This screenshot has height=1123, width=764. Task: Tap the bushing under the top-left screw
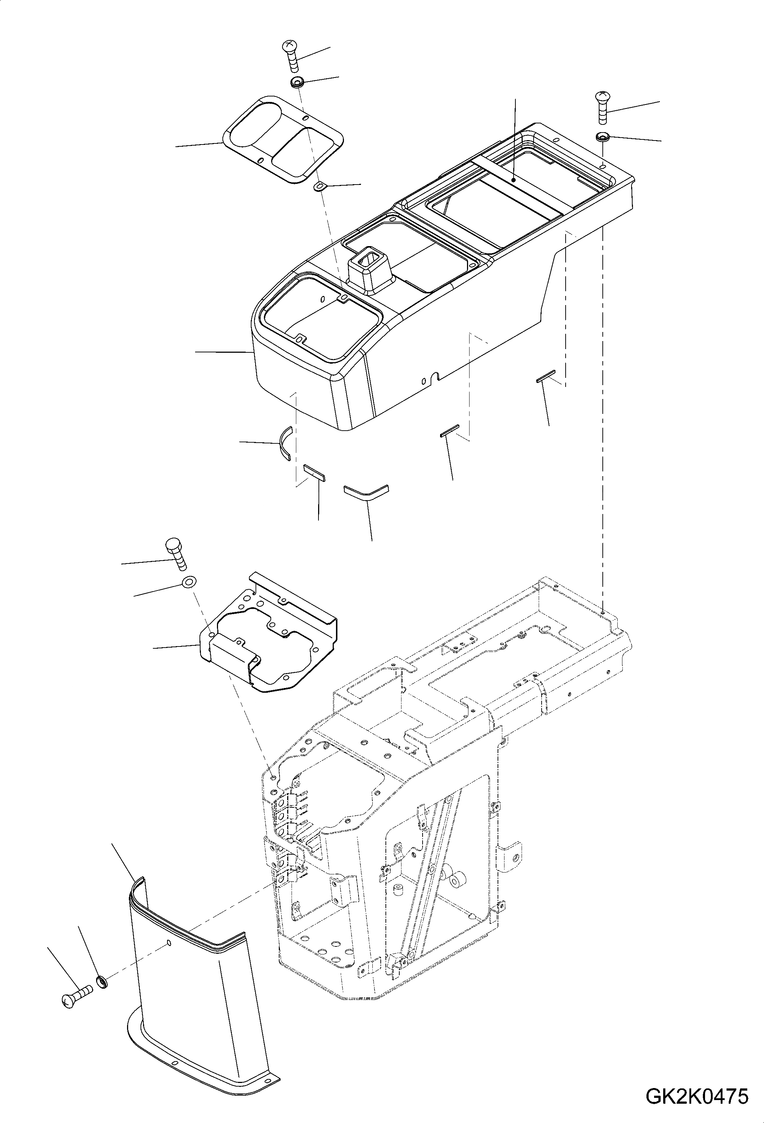297,82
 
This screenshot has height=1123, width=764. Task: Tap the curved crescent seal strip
285,442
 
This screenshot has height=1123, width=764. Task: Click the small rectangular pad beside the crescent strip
314,472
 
